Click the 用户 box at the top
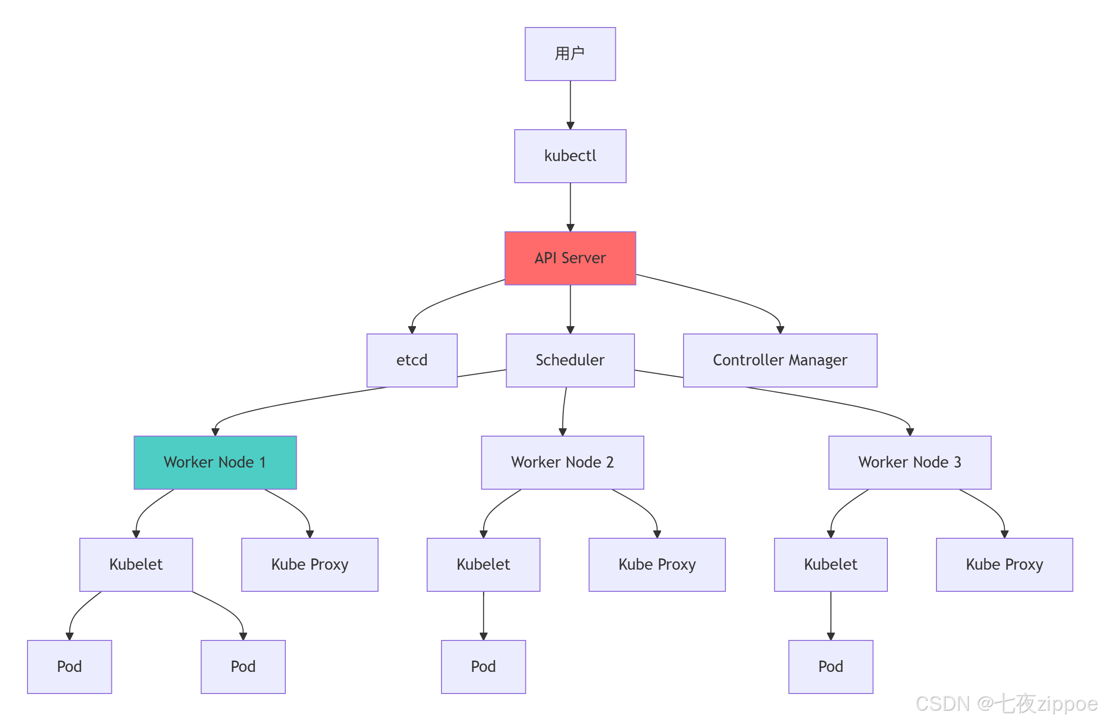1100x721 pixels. click(x=570, y=54)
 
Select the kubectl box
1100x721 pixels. click(x=570, y=156)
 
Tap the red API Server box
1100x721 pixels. click(x=570, y=258)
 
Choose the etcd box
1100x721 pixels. click(x=412, y=360)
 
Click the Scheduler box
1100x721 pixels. click(x=570, y=360)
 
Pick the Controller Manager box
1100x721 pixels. click(x=780, y=360)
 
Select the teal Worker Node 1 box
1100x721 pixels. click(x=215, y=463)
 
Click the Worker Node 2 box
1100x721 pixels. click(x=563, y=463)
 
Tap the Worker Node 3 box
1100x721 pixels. click(x=910, y=463)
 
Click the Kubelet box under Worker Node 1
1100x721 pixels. click(x=136, y=565)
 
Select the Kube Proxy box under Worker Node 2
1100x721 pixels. click(x=657, y=565)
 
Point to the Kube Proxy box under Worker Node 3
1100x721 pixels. click(x=1005, y=565)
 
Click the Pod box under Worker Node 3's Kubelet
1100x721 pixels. click(x=831, y=667)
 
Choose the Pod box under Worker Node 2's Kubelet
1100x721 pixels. click(x=484, y=667)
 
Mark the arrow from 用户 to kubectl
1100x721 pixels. click(x=570, y=105)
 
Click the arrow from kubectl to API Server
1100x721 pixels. click(x=570, y=207)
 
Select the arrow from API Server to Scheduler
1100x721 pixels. click(x=570, y=309)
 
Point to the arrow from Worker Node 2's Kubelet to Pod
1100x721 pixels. click(x=484, y=616)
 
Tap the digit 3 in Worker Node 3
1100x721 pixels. click(x=957, y=462)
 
